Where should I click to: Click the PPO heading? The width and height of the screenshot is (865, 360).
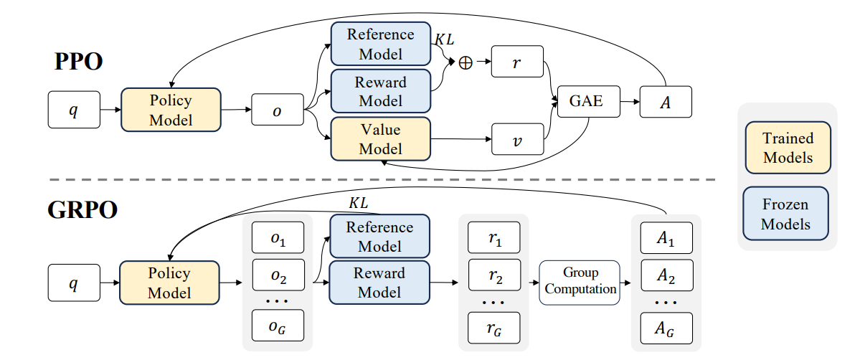[x=78, y=62]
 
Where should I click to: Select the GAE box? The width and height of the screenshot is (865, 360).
[x=586, y=102]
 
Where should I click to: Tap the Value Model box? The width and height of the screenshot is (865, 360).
[x=380, y=139]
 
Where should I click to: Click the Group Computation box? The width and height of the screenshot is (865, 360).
[x=580, y=282]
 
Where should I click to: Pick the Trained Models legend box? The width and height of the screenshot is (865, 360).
[x=788, y=148]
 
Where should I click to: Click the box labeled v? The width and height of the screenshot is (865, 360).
[x=518, y=139]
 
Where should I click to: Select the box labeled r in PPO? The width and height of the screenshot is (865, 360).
[x=518, y=63]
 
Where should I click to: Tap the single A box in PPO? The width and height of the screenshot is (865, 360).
[x=666, y=102]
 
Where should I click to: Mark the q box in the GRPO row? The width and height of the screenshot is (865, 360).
[x=74, y=282]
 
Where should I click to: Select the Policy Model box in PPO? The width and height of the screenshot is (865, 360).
[x=171, y=109]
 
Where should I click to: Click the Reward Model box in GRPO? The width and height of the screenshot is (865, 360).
[x=379, y=283]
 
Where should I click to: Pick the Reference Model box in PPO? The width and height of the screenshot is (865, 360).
[x=380, y=44]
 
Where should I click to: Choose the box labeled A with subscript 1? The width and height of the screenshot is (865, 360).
[x=666, y=238]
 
